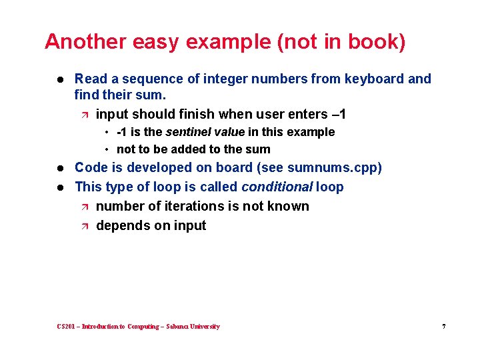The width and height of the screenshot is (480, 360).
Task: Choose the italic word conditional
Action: (x=277, y=187)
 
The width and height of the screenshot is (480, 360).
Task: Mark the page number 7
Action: (x=443, y=327)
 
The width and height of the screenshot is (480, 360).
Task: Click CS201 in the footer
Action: (x=67, y=327)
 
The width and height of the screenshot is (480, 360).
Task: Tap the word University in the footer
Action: (x=204, y=327)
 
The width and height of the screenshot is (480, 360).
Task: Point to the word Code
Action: (x=90, y=167)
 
